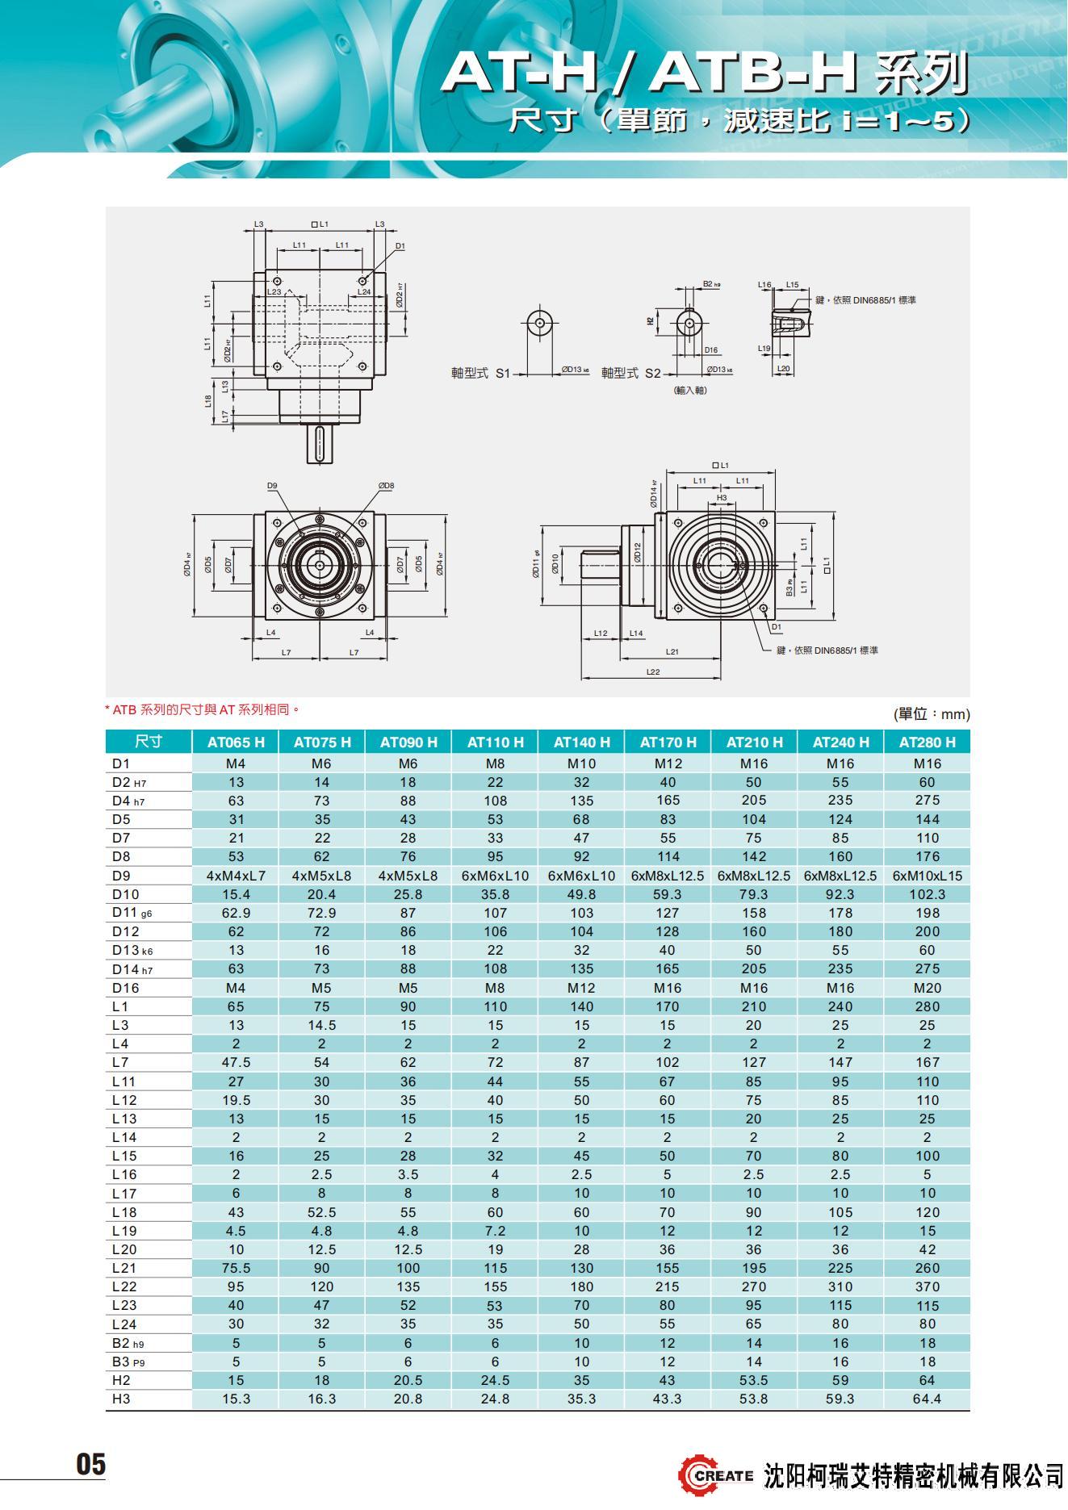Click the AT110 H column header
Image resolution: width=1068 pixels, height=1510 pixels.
(x=495, y=742)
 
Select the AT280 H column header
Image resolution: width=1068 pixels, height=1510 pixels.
(x=927, y=742)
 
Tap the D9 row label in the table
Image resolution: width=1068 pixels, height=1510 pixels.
(x=121, y=876)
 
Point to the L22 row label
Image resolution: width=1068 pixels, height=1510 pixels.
(x=124, y=1286)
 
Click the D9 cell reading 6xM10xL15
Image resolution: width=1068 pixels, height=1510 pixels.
(x=927, y=876)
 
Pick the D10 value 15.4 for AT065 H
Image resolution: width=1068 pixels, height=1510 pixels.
(x=236, y=894)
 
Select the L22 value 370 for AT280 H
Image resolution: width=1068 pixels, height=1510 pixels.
(x=927, y=1286)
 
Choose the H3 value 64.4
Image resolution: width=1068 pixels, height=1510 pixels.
(x=927, y=1399)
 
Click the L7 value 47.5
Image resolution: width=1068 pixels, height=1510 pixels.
(x=236, y=1062)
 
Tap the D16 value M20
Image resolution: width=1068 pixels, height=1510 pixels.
(x=927, y=988)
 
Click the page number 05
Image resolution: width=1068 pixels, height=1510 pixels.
(x=90, y=1464)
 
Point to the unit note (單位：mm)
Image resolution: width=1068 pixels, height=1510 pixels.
(x=931, y=714)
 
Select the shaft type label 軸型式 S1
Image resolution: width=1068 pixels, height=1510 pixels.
(x=481, y=374)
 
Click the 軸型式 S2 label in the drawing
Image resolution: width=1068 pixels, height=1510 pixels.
(x=630, y=374)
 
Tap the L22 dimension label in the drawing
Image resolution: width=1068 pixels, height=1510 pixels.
(x=653, y=671)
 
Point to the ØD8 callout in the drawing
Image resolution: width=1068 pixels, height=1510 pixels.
(x=386, y=486)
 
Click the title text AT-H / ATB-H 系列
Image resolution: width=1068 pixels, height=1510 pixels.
(x=704, y=74)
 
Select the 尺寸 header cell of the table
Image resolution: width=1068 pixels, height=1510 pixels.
(x=149, y=742)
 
